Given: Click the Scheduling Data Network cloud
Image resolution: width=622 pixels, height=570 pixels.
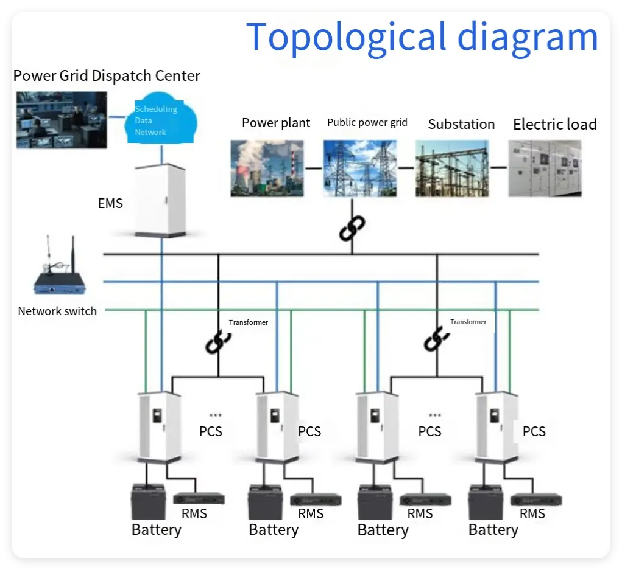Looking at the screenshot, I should coord(160,120).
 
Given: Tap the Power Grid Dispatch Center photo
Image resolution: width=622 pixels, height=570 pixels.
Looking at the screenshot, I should coord(61,119).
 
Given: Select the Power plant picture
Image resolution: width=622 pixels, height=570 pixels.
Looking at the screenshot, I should coord(267,168).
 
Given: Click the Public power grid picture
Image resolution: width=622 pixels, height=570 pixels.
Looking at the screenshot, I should coord(359,168).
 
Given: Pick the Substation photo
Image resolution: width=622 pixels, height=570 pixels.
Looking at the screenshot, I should coord(452,168).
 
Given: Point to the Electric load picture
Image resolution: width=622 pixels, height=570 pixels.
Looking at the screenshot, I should coord(545,168).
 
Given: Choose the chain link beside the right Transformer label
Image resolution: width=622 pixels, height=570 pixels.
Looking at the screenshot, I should coord(436,338).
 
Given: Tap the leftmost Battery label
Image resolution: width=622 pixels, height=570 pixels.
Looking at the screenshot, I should coord(157,530).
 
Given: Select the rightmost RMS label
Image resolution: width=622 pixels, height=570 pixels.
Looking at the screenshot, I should coord(532,514).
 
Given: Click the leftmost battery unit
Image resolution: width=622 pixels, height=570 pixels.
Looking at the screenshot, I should coord(148,501).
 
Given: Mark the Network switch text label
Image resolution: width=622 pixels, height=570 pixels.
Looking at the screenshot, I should coord(57,311).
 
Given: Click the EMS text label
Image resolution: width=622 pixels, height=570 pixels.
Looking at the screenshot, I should coord(110,203).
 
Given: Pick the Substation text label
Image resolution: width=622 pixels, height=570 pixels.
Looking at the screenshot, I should coord(461,124).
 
